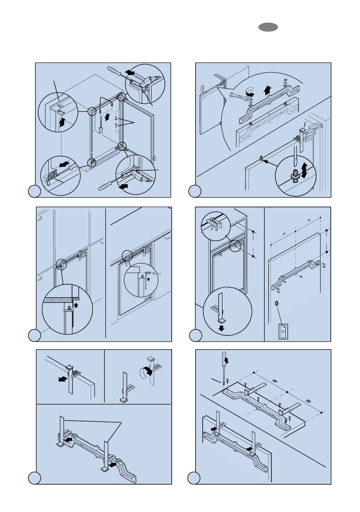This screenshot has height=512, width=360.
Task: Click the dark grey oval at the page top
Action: tap(268, 27)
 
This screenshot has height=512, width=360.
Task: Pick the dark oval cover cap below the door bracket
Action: tap(277, 304)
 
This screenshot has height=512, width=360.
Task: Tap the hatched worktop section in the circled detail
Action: tap(57, 300)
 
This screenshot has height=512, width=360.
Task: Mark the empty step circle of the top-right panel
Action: tap(195, 192)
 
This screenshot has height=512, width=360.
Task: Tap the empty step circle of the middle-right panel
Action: tap(195, 335)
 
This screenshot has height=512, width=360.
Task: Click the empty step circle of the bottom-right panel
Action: tap(195, 478)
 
